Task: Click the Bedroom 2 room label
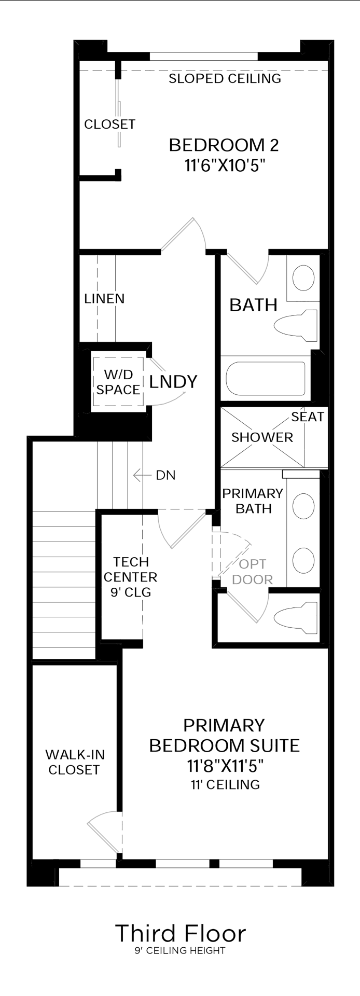point(224,145)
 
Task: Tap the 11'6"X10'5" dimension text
point(224,165)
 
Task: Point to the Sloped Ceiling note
point(225,79)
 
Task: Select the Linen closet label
point(104,299)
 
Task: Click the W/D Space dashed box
point(118,382)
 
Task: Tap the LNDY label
point(173,382)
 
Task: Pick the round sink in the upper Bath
point(303,278)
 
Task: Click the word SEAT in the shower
point(307,417)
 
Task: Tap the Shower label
point(262,437)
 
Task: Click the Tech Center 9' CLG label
point(131,577)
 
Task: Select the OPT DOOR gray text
point(253,572)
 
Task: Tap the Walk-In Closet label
point(74,762)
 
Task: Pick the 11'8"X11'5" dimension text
point(225,766)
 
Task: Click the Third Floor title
point(180,919)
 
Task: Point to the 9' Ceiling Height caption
point(180,936)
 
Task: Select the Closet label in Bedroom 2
point(109,125)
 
